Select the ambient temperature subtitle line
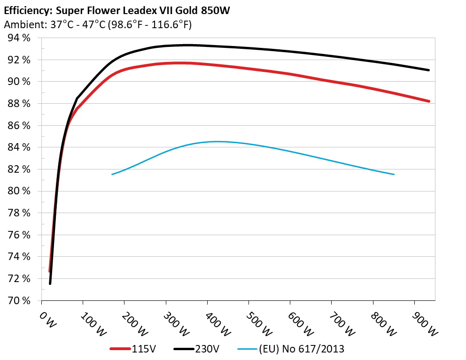pyautogui.click(x=97, y=25)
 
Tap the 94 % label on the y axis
pyautogui.click(x=19, y=38)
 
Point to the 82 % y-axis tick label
pyautogui.click(x=19, y=169)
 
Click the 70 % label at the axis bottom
pyautogui.click(x=19, y=300)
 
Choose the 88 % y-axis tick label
pyautogui.click(x=19, y=103)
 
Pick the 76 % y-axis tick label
pyautogui.click(x=19, y=235)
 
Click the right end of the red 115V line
pyautogui.click(x=429, y=101)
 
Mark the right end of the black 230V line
pyautogui.click(x=429, y=70)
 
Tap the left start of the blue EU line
pyautogui.click(x=112, y=175)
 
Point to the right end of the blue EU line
pyautogui.click(x=394, y=175)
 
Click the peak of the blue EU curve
pyautogui.click(x=217, y=141)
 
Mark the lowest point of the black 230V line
pyautogui.click(x=50, y=283)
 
